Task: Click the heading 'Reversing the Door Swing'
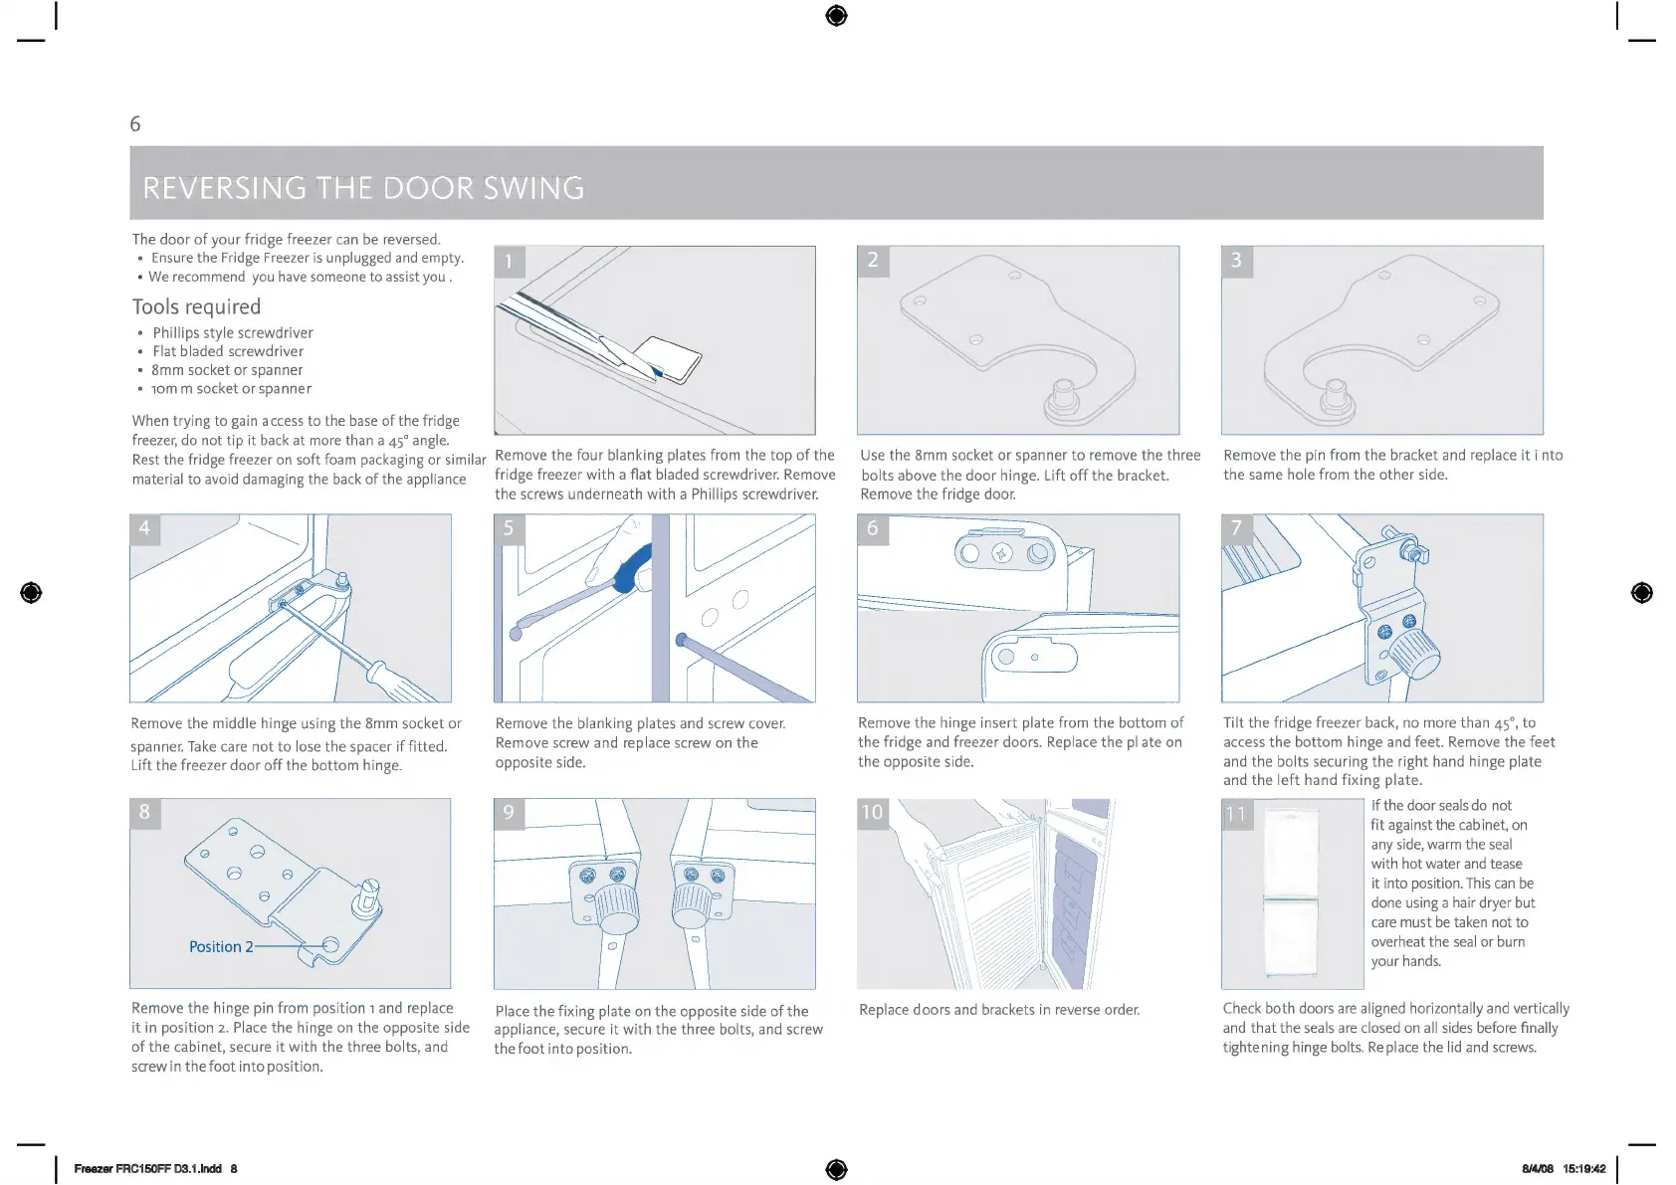pos(363,188)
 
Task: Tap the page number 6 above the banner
pos(135,124)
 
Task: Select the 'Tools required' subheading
pos(196,306)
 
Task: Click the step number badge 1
pos(509,262)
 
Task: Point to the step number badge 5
pos(509,528)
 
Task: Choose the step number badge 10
pos(872,812)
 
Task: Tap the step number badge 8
pos(144,812)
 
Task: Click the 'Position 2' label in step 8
pos(221,946)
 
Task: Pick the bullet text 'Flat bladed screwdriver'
pos(228,351)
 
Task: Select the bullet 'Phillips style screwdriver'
pos(233,332)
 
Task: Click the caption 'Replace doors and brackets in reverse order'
pos(999,1010)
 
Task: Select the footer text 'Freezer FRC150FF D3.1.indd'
pos(147,1169)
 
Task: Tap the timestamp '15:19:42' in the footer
pos(1583,1169)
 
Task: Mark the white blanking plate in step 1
pos(669,359)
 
